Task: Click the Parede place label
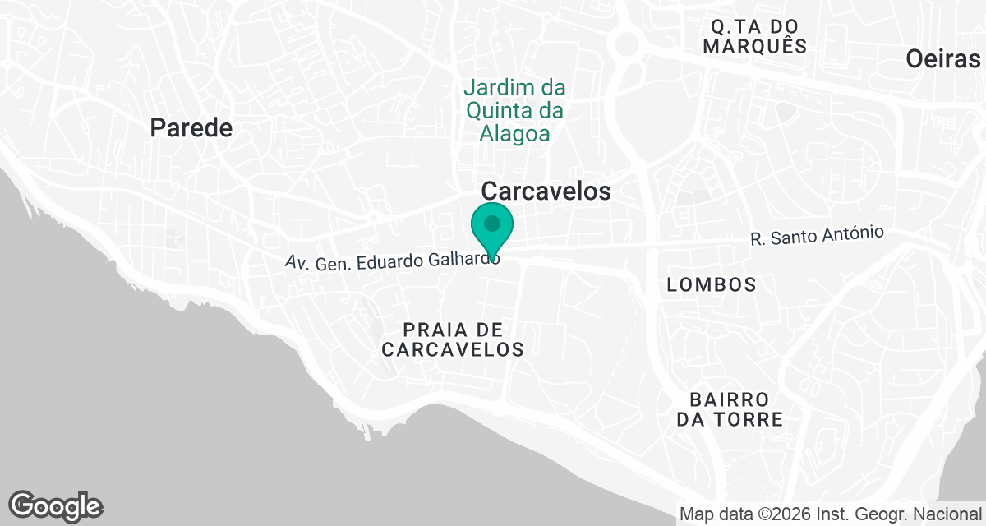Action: click(x=191, y=127)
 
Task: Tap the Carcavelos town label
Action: click(x=546, y=191)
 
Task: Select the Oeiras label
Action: click(x=943, y=58)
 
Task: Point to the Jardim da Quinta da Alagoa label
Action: click(x=514, y=110)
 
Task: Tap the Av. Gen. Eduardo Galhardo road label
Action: click(x=392, y=261)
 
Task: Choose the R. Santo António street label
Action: click(x=817, y=237)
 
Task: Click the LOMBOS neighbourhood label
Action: click(x=712, y=284)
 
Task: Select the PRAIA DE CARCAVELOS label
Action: click(x=453, y=339)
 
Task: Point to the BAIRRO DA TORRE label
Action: click(x=730, y=409)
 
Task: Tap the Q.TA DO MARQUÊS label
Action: click(x=754, y=35)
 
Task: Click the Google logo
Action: click(x=56, y=505)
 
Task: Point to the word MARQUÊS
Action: click(x=754, y=46)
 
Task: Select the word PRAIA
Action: click(x=430, y=329)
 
